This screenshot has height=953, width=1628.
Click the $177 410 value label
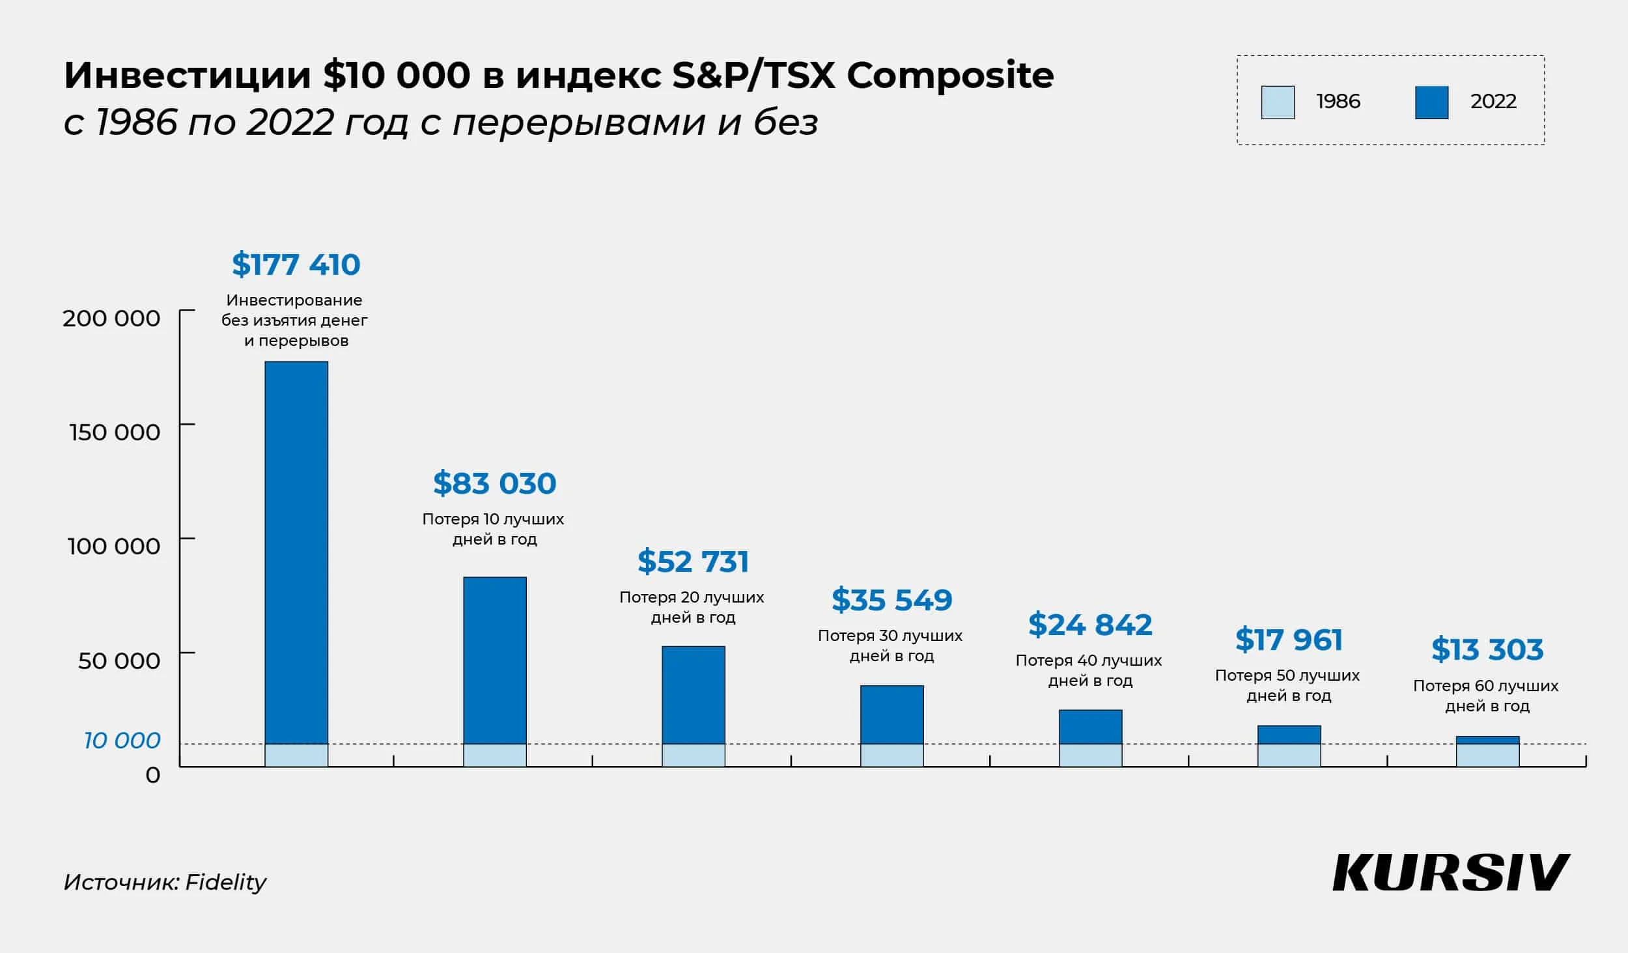[x=296, y=264]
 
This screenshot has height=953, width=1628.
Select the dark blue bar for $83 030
[x=495, y=659]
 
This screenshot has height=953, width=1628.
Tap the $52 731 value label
[x=693, y=562]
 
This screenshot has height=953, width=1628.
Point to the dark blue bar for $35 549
[x=891, y=714]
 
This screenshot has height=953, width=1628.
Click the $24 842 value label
[x=1090, y=625]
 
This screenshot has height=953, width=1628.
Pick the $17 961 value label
[x=1289, y=640]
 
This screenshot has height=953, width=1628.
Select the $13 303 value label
[x=1487, y=649]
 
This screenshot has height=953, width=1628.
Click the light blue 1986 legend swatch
[x=1278, y=102]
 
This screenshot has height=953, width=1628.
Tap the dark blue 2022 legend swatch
[x=1431, y=102]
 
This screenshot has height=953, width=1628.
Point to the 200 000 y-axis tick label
[x=111, y=319]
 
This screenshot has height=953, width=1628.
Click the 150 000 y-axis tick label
[x=115, y=433]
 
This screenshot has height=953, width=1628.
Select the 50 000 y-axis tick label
[x=119, y=661]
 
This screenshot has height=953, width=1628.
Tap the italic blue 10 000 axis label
[x=122, y=740]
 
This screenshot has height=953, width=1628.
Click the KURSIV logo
[x=1452, y=873]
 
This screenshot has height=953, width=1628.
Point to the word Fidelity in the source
[x=225, y=882]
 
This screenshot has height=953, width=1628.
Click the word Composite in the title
[x=950, y=76]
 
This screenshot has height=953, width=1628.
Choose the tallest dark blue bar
[x=296, y=552]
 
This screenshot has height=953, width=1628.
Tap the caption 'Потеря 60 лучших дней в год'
[x=1486, y=696]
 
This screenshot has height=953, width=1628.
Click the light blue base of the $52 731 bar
[x=693, y=755]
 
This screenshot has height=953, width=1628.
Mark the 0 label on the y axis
[x=152, y=775]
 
